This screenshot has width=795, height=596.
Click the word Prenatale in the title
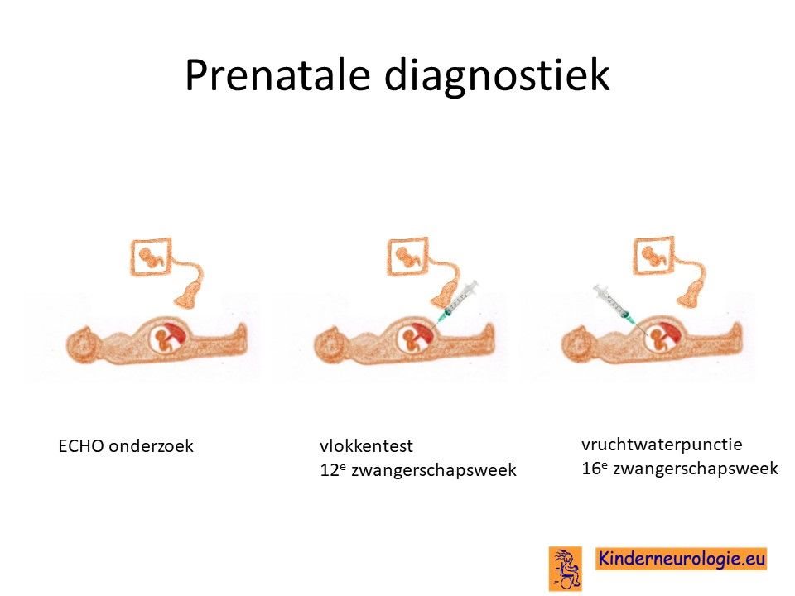tap(277, 75)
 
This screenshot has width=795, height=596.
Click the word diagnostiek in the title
tap(497, 75)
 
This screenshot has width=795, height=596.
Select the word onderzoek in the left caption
tap(151, 446)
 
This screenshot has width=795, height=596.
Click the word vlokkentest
tap(366, 446)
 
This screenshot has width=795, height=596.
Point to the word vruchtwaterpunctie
tap(662, 445)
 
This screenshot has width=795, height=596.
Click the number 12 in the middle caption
tap(330, 470)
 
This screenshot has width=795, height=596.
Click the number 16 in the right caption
tap(591, 469)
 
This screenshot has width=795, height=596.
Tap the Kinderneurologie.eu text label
tap(682, 559)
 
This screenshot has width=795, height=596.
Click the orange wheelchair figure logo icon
tap(566, 569)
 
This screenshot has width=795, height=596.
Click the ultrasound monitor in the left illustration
tap(151, 257)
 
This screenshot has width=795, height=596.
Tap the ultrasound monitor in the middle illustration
tap(407, 257)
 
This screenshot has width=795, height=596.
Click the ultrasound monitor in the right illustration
tap(654, 256)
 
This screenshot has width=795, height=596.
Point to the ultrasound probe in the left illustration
tap(188, 297)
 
